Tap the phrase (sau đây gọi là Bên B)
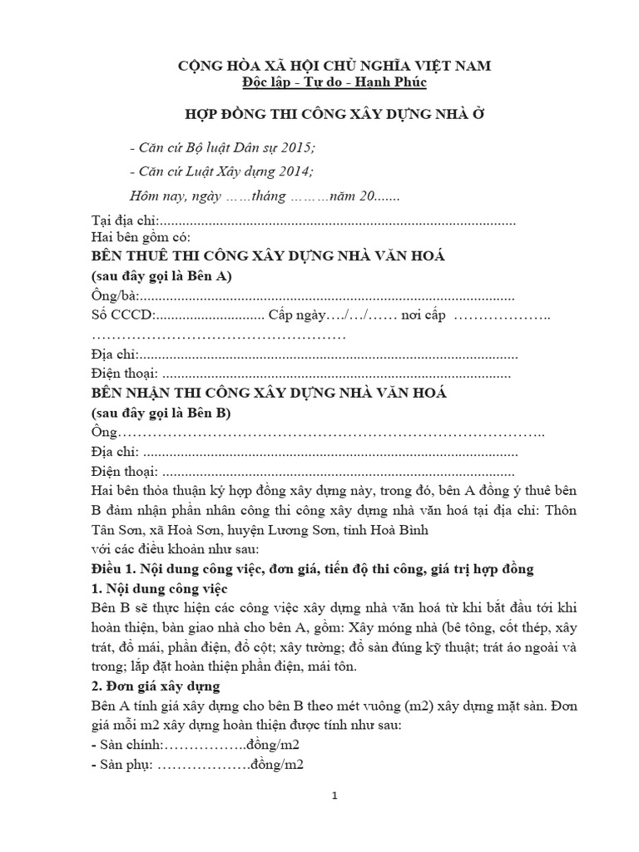click(x=161, y=413)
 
